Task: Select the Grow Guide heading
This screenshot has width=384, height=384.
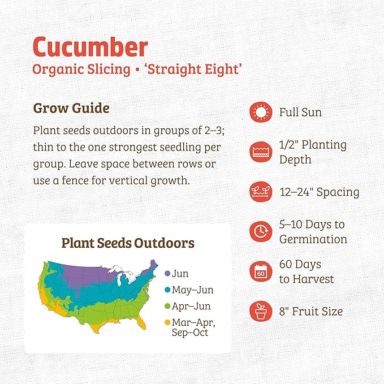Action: pos(71,107)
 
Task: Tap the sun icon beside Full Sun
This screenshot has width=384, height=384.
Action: pos(260,113)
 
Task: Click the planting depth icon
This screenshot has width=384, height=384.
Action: pos(260,152)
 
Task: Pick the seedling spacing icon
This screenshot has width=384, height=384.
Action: pos(260,192)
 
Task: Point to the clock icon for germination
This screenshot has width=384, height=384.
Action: pos(260,231)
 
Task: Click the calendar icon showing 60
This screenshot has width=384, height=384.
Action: pos(260,271)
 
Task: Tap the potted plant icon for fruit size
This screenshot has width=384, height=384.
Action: pos(260,311)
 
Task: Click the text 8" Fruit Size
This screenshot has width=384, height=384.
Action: pos(310,311)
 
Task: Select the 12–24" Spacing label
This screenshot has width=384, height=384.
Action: pos(319,192)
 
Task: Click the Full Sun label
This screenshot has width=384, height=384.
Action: pos(300,113)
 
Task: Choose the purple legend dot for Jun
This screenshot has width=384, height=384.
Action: pos(167,274)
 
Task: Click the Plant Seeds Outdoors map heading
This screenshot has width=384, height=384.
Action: pos(128,243)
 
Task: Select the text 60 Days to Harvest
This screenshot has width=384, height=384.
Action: pos(307,271)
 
